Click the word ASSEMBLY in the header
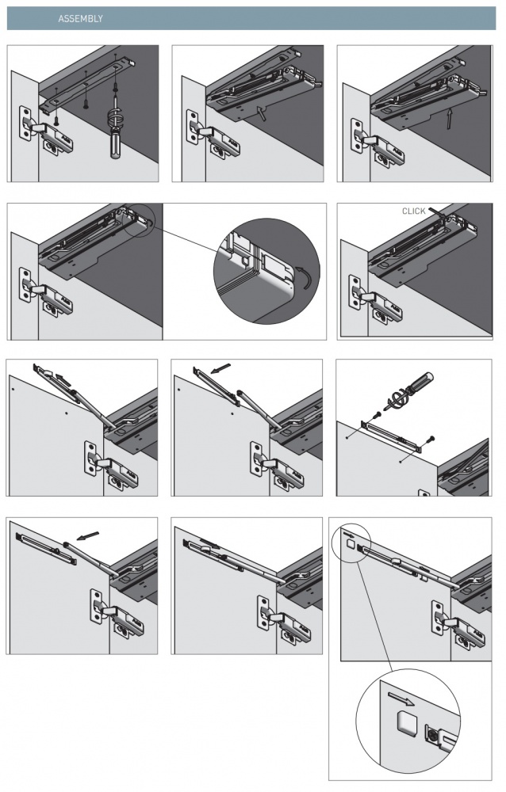click(80, 18)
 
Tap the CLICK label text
click(413, 211)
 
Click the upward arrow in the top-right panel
click(449, 119)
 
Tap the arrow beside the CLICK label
click(438, 212)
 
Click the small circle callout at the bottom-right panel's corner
click(349, 540)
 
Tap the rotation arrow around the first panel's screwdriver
click(113, 122)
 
